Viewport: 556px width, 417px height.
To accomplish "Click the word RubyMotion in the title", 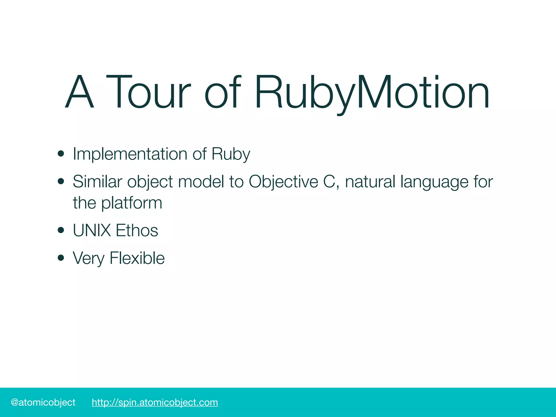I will (372, 92).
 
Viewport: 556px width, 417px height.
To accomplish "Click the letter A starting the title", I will (80, 92).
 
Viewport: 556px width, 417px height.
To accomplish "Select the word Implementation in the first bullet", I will (130, 154).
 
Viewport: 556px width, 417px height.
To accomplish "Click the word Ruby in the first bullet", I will (230, 154).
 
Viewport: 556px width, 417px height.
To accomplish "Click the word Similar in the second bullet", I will (97, 181).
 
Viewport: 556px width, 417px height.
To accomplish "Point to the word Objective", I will (283, 181).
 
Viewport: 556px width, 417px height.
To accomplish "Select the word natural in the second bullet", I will (370, 181).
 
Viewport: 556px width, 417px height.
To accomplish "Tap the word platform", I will (131, 203).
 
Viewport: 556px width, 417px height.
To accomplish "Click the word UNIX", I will (92, 230).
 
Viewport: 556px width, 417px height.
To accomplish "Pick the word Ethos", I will (137, 230).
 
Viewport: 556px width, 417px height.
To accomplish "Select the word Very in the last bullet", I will (89, 258).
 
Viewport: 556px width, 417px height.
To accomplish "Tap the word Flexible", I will (137, 258).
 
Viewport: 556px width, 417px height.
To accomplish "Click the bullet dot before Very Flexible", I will (61, 258).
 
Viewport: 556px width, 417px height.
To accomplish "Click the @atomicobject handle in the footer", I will (43, 402).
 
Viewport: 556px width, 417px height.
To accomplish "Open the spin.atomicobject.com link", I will (155, 402).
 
